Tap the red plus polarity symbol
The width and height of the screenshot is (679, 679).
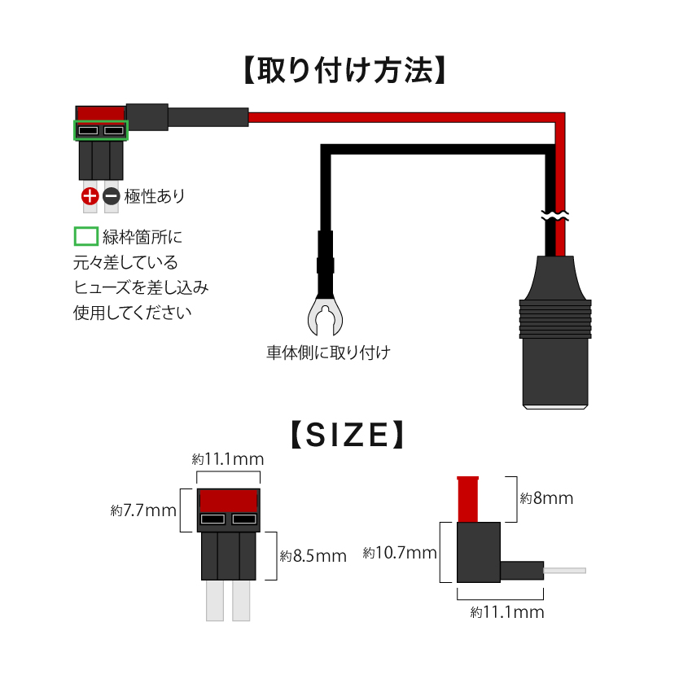90,196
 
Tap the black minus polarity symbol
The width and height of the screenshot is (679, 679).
111,196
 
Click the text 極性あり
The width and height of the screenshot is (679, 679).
155,196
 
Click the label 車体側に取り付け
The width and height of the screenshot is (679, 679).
328,353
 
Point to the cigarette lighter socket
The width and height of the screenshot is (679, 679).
554,342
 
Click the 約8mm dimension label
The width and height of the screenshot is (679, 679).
546,498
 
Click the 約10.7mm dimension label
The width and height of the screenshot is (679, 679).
400,554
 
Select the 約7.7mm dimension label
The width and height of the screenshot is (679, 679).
143,511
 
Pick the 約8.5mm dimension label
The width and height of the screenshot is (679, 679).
313,556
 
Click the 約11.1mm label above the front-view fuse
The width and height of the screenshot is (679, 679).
227,460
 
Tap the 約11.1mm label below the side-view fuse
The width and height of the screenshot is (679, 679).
507,612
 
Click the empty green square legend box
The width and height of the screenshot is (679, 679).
85,237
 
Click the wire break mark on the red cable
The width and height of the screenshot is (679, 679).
556,217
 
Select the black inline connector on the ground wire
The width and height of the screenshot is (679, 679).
324,252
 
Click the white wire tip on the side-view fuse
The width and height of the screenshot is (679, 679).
564,571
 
